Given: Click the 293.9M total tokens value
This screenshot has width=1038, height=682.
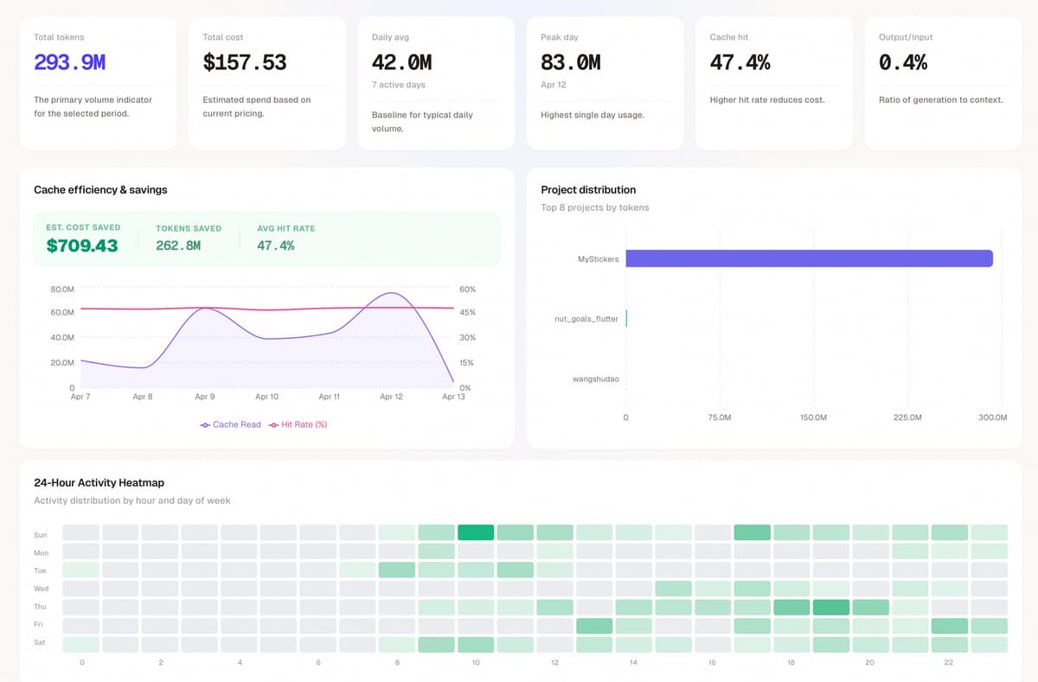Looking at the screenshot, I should [x=69, y=62].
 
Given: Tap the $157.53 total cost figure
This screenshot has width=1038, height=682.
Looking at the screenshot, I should [x=244, y=62].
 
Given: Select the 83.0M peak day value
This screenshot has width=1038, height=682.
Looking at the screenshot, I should [x=570, y=62].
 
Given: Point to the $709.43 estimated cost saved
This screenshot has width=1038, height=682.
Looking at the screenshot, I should [x=82, y=245].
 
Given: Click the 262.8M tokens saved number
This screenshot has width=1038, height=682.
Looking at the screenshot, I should [x=178, y=245].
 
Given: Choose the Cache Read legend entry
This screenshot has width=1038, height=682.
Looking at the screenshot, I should [x=231, y=424].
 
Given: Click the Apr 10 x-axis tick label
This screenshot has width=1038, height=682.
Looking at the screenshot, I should [x=266, y=397].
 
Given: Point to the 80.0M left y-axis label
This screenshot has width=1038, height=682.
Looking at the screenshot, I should [x=62, y=289].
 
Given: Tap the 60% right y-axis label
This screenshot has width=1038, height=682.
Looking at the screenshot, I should [x=467, y=289].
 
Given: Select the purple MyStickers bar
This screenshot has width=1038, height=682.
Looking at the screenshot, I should [x=809, y=258].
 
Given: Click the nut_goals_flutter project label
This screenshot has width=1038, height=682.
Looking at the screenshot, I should [x=586, y=319].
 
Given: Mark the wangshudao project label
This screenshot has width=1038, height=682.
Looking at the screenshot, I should [x=596, y=379].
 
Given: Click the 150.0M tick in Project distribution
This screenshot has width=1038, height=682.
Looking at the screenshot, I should [x=813, y=417].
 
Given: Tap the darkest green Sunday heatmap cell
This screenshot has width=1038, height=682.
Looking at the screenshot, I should [x=476, y=532].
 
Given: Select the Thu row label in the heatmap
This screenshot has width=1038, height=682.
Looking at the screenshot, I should [x=41, y=607].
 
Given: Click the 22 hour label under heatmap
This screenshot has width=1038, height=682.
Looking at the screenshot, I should [x=948, y=662].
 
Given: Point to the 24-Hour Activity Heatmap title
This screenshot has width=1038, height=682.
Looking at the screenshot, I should [x=99, y=482].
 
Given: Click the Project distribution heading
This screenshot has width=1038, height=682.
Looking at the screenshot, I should [x=588, y=189].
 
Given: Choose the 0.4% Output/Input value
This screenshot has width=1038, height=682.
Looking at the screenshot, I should [x=903, y=62].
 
